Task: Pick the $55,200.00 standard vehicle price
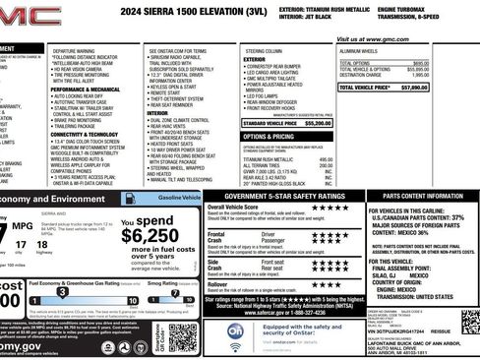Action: click(317, 124)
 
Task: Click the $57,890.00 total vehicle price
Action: click(435, 88)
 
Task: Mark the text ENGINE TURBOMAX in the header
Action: click(406, 9)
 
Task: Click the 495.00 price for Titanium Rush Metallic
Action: click(326, 158)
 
